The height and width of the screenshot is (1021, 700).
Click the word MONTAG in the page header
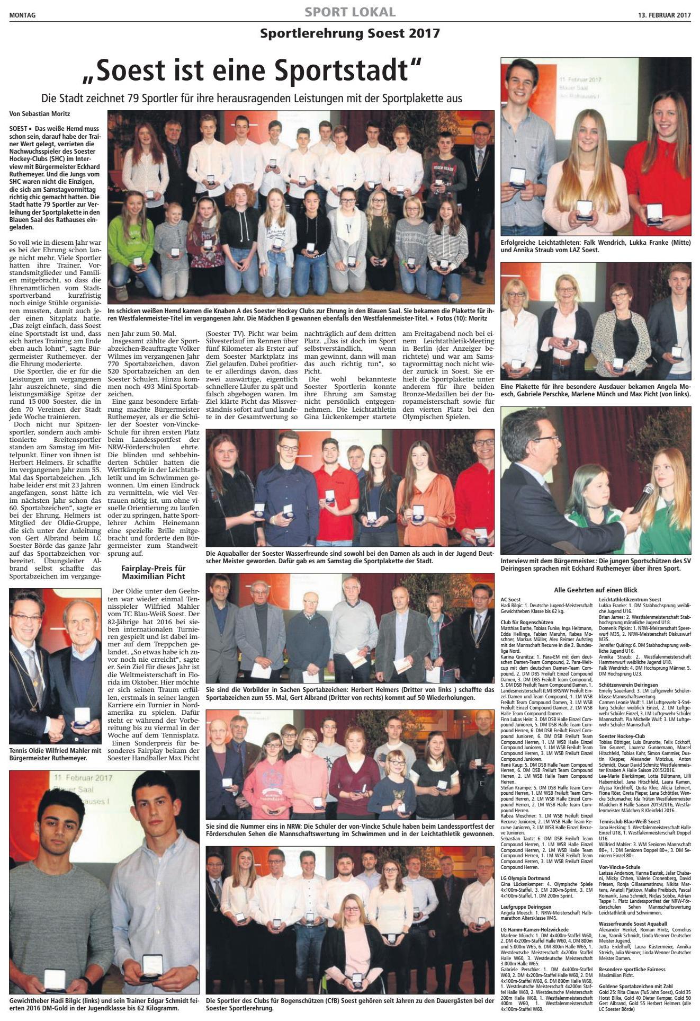pos(22,15)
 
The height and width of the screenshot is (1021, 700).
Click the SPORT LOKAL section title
pos(349,12)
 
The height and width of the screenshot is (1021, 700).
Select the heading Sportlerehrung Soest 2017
pos(349,33)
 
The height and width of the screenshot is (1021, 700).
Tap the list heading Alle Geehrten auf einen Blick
pos(595,590)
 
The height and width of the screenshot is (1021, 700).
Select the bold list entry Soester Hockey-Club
pos(622,736)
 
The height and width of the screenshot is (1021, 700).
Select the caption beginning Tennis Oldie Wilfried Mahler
pos(55,754)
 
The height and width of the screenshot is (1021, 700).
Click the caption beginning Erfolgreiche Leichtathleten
pos(595,245)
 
